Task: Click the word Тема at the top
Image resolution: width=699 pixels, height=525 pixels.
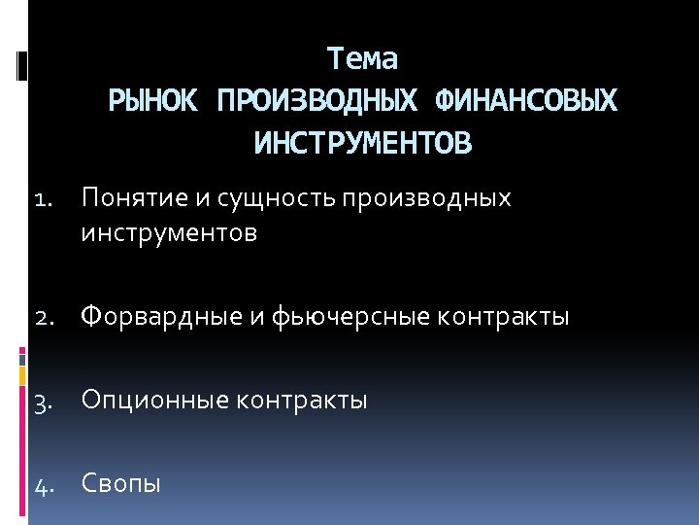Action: (x=362, y=59)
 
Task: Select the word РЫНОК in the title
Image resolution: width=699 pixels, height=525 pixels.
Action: (x=155, y=101)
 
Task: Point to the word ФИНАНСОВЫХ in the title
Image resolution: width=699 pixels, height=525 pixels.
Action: (x=526, y=101)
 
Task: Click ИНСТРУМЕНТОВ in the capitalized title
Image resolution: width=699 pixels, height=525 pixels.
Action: (x=362, y=144)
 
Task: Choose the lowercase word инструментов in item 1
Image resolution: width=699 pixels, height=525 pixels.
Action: (x=170, y=233)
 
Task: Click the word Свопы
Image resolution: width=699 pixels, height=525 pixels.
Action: (x=121, y=483)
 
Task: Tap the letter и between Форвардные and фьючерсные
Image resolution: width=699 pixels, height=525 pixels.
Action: (x=250, y=317)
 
